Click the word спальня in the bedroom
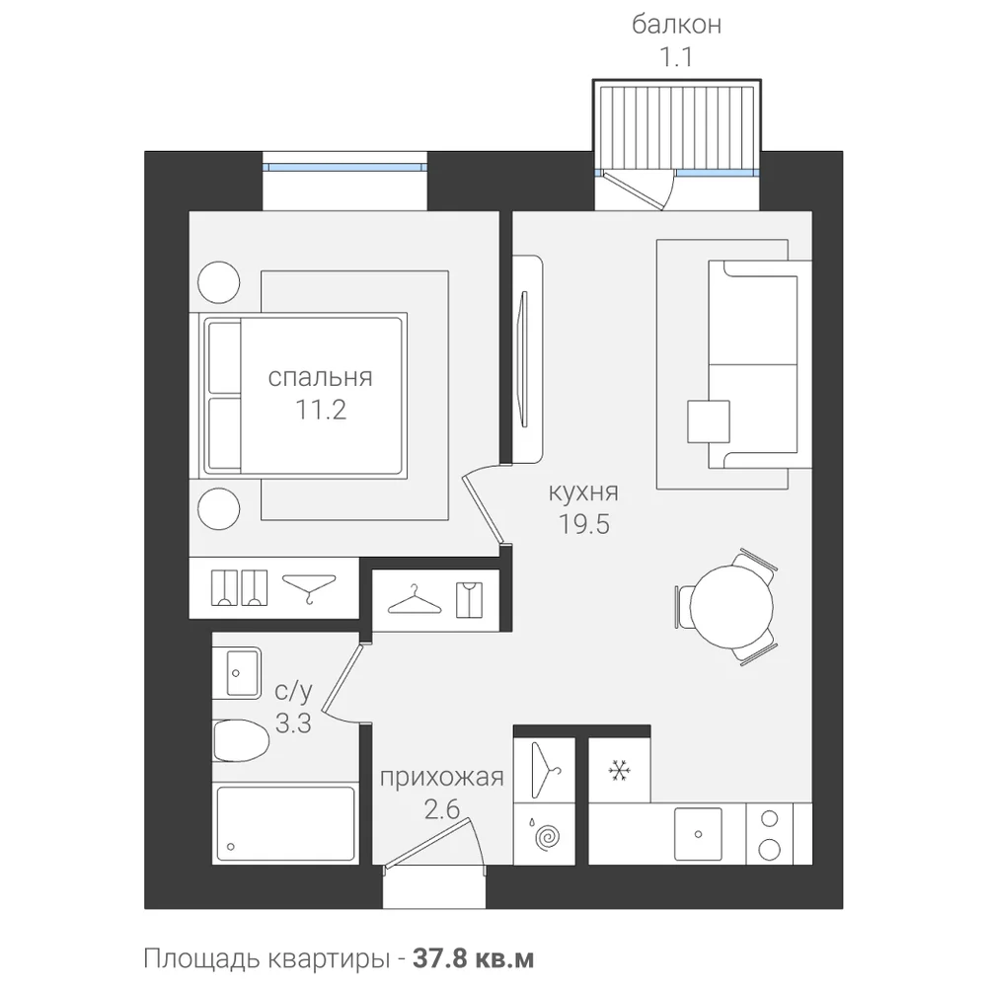point(321,378)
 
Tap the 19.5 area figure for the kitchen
point(584,524)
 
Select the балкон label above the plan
point(677,25)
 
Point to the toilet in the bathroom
point(241,740)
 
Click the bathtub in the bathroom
point(285,823)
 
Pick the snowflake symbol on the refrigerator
point(620,771)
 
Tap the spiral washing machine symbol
point(547,838)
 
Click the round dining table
point(730,606)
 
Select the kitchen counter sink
point(698,834)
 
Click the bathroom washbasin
point(236,672)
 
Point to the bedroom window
point(344,168)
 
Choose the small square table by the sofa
point(709,421)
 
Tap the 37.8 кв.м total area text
point(474,959)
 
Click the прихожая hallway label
point(442,778)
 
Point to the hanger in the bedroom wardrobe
point(308,588)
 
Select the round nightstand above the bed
point(219,282)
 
